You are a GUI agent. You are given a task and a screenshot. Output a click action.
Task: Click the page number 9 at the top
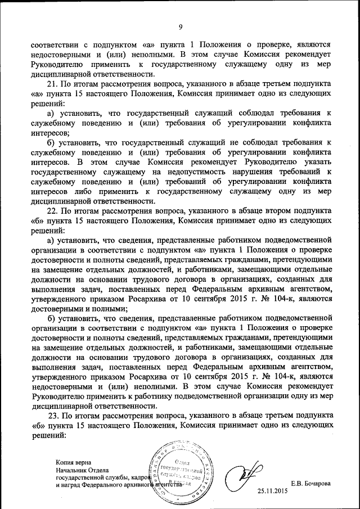coord(181,27)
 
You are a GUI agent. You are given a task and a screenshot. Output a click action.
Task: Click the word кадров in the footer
coord(139,476)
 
